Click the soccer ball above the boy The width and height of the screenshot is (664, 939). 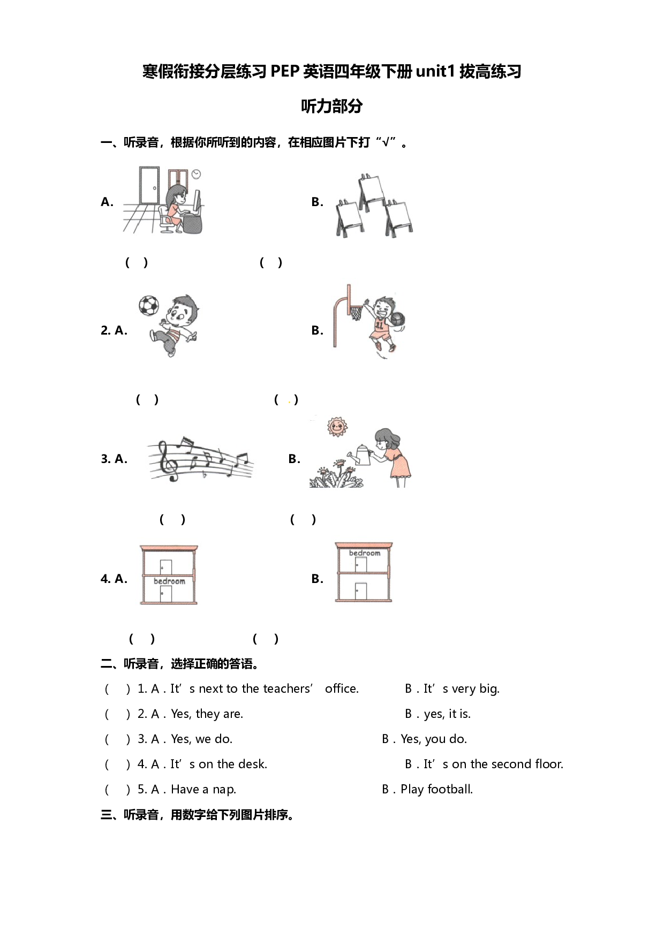point(149,306)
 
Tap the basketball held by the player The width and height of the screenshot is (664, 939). point(397,319)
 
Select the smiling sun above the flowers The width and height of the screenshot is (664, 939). point(337,427)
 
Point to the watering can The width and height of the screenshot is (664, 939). point(360,455)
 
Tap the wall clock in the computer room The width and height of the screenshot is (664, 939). point(196,174)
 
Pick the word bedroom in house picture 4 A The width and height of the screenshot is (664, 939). point(169,581)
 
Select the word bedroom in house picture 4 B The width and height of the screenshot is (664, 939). point(365,553)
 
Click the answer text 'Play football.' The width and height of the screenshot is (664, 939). point(436,789)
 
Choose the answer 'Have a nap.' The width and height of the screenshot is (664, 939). point(203,789)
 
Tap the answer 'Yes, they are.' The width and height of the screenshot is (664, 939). point(207,714)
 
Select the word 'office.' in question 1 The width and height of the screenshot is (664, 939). point(342,688)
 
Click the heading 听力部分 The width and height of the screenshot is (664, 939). point(331,106)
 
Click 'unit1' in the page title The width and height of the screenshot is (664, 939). point(435,71)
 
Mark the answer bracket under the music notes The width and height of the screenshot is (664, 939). point(172,519)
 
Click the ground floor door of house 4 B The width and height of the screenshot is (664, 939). point(361,591)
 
